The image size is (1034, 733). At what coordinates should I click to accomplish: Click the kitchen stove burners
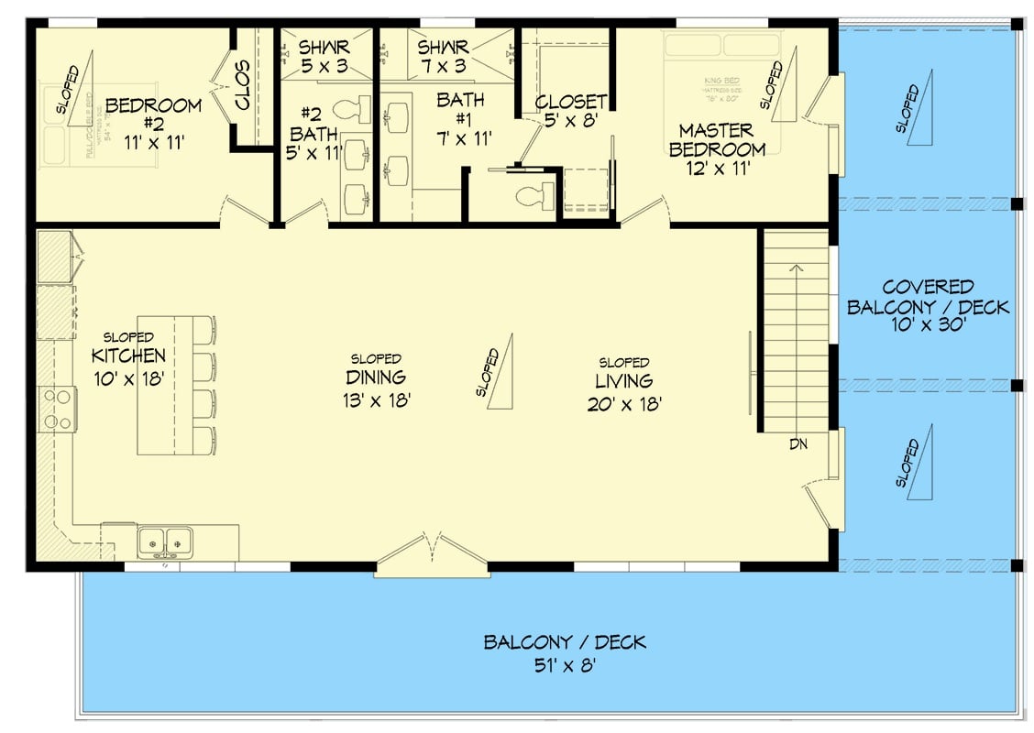(57, 410)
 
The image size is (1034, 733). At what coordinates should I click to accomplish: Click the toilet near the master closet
(534, 194)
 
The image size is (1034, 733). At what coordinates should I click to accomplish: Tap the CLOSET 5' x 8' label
(570, 110)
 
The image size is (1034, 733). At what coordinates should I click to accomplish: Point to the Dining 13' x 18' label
(376, 388)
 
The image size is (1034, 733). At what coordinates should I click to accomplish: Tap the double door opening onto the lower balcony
(431, 556)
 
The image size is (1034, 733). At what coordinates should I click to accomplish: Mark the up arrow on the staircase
(797, 269)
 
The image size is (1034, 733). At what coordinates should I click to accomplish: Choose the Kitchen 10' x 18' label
(128, 366)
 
